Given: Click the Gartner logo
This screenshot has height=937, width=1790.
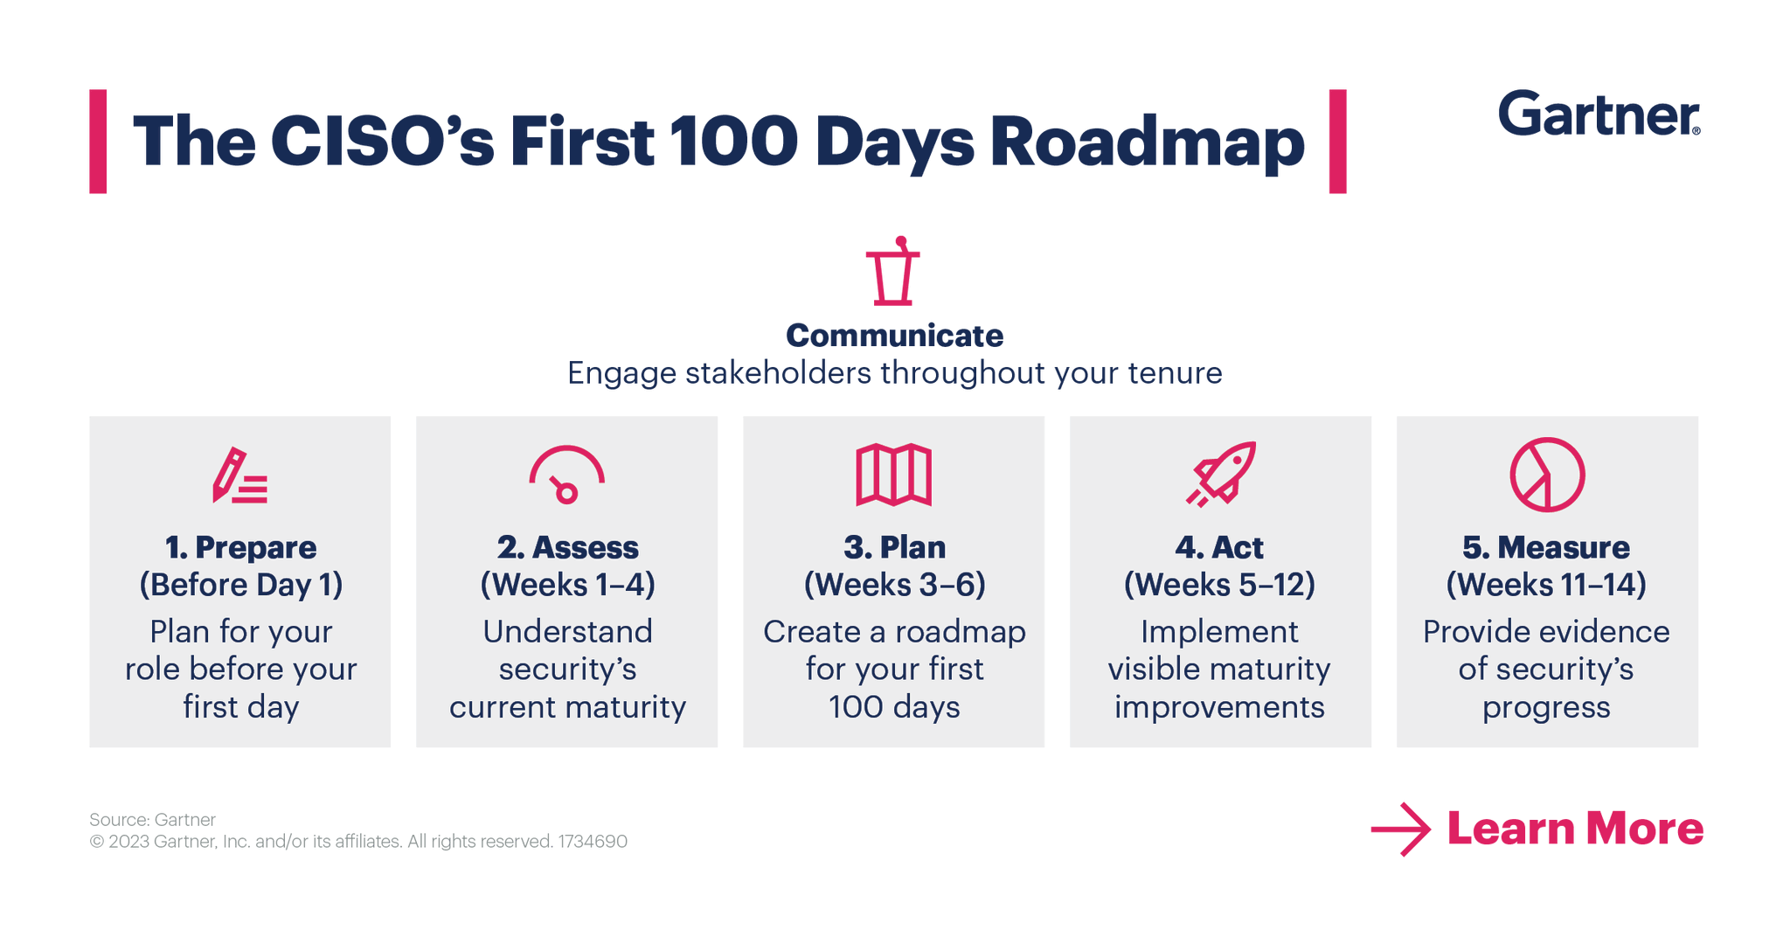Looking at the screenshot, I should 1599,114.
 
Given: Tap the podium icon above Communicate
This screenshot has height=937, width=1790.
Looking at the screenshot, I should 893,272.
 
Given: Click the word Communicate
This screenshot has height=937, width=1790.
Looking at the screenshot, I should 894,336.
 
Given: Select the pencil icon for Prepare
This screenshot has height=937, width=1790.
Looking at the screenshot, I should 239,476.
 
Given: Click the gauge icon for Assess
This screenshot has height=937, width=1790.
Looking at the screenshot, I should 566,475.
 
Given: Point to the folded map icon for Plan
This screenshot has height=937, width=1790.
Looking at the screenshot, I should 893,475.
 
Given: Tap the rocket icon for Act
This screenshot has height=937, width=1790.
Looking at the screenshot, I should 1221,474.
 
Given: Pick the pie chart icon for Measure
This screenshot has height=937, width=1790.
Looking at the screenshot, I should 1547,475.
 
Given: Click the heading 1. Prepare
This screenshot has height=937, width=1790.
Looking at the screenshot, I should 240,547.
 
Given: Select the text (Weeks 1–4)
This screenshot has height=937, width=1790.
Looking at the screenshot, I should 567,585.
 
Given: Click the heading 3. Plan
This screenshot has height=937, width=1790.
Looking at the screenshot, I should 894,547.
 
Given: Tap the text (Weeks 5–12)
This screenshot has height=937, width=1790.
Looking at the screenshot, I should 1220,585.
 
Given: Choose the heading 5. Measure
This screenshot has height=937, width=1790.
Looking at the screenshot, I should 1546,547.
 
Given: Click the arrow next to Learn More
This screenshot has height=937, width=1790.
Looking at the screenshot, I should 1400,829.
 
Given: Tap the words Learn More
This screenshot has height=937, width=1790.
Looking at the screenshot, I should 1575,829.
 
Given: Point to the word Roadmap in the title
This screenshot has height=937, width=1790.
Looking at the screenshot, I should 1147,142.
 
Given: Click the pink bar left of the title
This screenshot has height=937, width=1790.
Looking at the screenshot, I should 98,141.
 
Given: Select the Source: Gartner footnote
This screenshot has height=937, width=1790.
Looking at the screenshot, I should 152,819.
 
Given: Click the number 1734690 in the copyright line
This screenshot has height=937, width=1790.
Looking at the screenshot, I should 593,842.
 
